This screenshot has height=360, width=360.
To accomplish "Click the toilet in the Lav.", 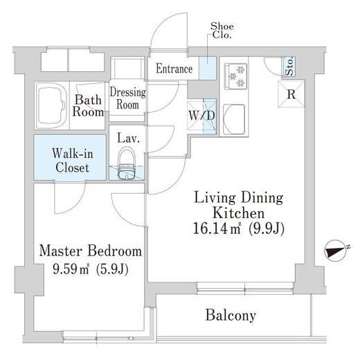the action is (126, 164).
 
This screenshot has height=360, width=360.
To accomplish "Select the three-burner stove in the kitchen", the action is (235, 76).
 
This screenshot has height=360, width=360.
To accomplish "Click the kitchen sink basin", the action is (234, 119).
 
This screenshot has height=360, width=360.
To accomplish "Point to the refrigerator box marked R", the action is (291, 94).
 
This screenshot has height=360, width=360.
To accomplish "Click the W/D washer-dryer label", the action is (202, 116).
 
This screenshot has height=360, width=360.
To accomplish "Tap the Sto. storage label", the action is (289, 66).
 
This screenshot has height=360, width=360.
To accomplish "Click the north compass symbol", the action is (336, 251).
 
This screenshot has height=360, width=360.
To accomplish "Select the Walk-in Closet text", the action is (73, 160).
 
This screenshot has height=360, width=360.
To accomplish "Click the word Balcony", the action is (231, 315).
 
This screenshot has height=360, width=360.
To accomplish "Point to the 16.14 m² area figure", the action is (217, 228).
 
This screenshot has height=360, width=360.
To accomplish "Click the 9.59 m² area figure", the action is (71, 269).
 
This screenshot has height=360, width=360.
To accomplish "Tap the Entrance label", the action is (174, 69).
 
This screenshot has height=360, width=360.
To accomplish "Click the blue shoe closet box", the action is (208, 69).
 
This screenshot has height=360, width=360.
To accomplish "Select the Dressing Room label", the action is (127, 98).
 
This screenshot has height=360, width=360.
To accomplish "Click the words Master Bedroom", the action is (91, 251).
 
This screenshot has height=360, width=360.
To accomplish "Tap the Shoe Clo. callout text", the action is (222, 30).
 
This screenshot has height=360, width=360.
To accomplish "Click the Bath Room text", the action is (88, 106).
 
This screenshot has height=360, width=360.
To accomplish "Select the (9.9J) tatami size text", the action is (267, 229).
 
